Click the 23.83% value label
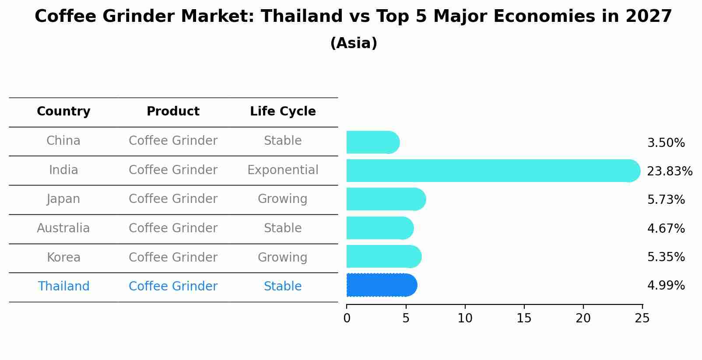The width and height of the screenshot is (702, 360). pos(670,171)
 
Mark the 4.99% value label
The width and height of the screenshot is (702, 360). pos(666,286)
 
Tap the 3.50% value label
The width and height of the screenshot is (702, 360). pos(666,143)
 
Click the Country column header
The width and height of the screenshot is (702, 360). pos(63,112)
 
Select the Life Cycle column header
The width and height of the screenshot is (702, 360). pos(283,112)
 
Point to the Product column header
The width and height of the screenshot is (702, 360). pos(173,112)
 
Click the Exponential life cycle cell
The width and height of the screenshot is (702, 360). pos(283,170)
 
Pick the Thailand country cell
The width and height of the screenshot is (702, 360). pos(63,286)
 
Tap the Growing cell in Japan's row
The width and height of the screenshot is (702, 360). pos(282,199)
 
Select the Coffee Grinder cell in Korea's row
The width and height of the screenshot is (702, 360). pos(173,257)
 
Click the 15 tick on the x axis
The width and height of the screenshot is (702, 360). pos(524,318)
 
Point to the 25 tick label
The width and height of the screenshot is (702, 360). pos(642,318)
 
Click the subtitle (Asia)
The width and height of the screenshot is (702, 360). pos(354,43)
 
